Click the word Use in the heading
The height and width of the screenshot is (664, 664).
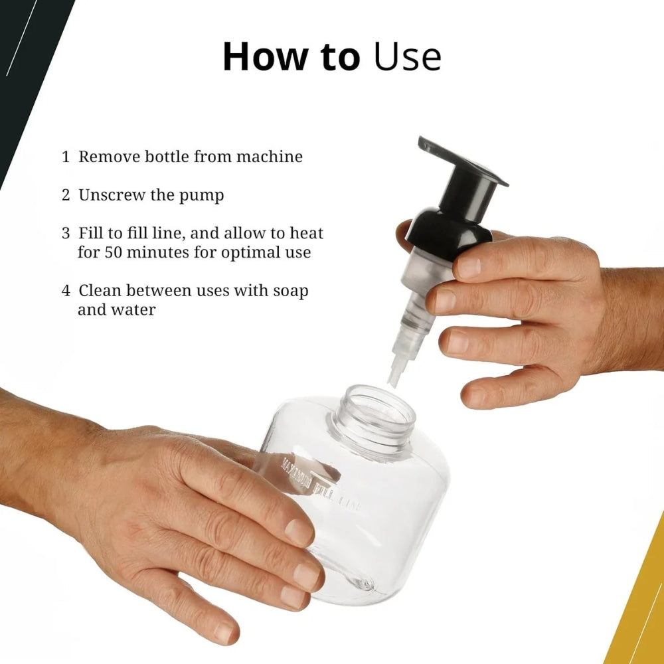coord(407,57)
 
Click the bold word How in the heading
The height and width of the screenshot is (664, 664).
coord(257,57)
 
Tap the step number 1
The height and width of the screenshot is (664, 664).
coord(66,157)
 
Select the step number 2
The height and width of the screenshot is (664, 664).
coord(66,196)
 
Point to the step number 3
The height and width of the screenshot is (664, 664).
coord(66,234)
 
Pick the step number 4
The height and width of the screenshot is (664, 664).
coord(66,291)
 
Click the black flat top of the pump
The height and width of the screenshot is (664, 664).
coord(463,161)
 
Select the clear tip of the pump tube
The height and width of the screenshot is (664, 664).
coord(395,375)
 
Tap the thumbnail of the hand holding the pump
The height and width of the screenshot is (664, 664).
coord(468,267)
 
